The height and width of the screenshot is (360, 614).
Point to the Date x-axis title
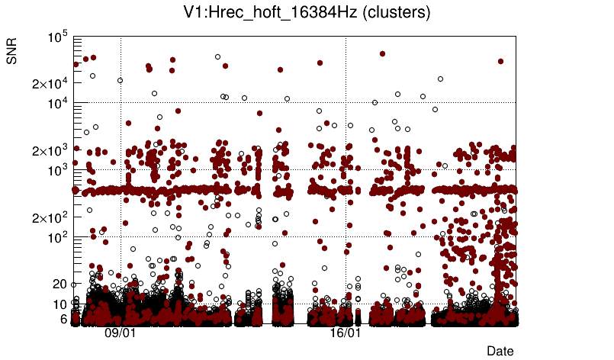point(500,350)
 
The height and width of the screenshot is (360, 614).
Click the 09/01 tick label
point(120,333)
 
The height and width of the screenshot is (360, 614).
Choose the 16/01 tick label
point(345,333)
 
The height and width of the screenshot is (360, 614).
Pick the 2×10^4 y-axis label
point(51,82)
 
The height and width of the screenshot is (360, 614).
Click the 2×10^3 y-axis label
point(51,150)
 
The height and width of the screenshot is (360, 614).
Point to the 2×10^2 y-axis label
point(51,217)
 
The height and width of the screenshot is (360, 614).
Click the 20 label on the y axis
point(60,284)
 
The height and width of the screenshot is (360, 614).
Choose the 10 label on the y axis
point(60,304)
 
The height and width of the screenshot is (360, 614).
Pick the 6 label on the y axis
point(63,319)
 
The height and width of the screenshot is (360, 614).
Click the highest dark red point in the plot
point(382,53)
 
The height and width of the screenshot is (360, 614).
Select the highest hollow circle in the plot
point(217,56)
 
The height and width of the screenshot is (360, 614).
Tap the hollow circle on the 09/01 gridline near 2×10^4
point(120,80)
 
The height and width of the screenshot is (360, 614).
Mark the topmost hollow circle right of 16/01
point(440,79)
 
